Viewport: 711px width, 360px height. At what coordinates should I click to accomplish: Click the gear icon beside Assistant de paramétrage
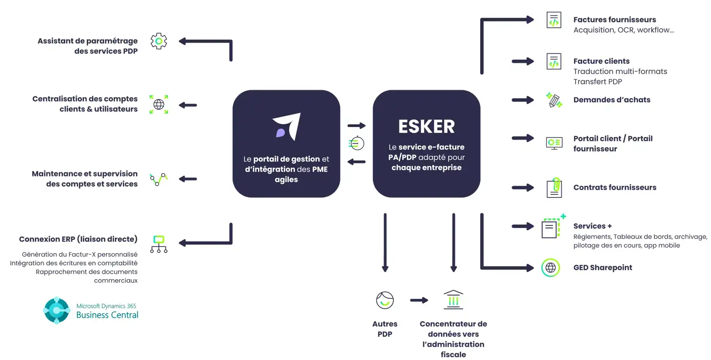tap(159, 41)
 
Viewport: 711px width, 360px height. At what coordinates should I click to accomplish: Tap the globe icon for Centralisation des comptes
tap(159, 105)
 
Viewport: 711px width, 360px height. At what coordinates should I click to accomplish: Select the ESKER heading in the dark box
tap(426, 127)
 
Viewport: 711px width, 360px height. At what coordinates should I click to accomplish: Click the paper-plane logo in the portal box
tap(287, 127)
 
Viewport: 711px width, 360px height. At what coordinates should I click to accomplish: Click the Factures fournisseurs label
tap(614, 20)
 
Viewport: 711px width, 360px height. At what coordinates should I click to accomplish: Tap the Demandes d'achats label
tap(612, 100)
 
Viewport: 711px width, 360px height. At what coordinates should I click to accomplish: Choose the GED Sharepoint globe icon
tap(551, 268)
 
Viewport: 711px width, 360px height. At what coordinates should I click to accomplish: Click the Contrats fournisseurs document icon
tap(554, 188)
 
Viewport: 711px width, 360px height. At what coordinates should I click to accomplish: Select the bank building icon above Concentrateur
tap(453, 300)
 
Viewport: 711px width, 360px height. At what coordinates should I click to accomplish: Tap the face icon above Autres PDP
tap(385, 300)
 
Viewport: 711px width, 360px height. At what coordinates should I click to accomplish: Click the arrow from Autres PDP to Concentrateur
tap(419, 300)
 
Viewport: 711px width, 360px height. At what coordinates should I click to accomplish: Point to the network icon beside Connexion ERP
tap(159, 244)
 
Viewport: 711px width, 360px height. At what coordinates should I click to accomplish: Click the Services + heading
tap(592, 226)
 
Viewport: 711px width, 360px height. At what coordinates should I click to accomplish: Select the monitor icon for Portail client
tap(554, 143)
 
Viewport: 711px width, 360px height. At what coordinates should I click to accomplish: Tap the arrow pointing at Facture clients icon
tap(523, 61)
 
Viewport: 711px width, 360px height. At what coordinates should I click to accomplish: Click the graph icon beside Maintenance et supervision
tap(159, 179)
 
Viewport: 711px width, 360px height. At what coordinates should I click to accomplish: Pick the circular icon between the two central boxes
tap(356, 144)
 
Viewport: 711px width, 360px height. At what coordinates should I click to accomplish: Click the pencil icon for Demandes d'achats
tap(554, 100)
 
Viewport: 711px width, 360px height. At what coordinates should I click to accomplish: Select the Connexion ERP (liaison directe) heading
tap(78, 239)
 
